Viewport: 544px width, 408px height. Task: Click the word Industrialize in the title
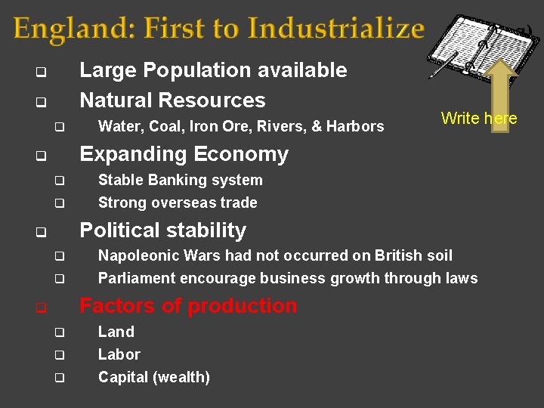[336, 29]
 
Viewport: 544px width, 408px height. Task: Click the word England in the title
[62, 29]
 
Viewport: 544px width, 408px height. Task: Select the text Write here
[478, 118]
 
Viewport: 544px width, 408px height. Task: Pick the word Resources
[224, 100]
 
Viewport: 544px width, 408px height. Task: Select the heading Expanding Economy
[184, 154]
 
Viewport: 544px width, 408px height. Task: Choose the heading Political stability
[162, 230]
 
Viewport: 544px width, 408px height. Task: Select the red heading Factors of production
[188, 305]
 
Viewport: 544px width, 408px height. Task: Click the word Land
[116, 332]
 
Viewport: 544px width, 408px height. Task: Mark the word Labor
[119, 354]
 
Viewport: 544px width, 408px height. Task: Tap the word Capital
[122, 377]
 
